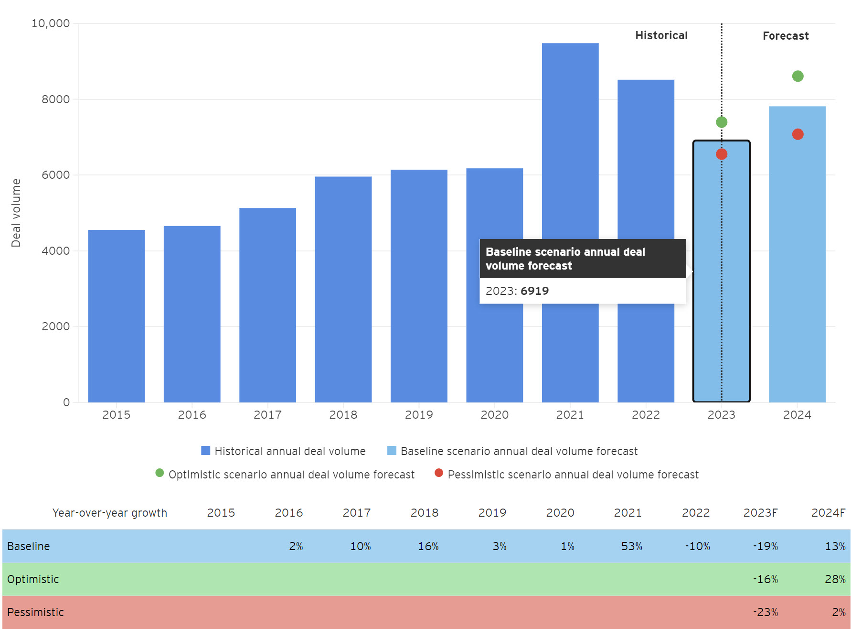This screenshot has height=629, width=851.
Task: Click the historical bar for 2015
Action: (x=116, y=315)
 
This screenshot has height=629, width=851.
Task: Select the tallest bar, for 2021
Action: (x=570, y=143)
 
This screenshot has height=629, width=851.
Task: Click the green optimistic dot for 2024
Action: (x=798, y=76)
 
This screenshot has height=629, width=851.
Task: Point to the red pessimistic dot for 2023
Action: (x=722, y=154)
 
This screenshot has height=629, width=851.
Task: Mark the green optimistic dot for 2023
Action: (x=722, y=122)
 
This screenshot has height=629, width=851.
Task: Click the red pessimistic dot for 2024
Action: (x=798, y=134)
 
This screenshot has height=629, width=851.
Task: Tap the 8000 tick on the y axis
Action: (x=55, y=99)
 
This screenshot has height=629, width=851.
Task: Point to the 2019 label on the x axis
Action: (x=419, y=415)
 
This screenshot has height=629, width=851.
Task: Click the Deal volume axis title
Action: (x=16, y=213)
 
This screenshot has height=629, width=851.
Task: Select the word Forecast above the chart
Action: (x=786, y=36)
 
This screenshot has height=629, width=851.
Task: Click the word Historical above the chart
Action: (x=661, y=35)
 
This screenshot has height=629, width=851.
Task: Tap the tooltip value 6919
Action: (x=534, y=291)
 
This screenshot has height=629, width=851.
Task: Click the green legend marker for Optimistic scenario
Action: (x=160, y=473)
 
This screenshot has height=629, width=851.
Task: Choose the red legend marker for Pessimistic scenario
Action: (x=439, y=473)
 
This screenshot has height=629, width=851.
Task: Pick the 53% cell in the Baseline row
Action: (x=631, y=546)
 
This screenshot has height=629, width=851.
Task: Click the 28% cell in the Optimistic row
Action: (x=835, y=579)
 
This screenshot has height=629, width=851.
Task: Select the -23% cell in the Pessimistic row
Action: (x=765, y=612)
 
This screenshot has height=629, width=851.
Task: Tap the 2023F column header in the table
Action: (x=760, y=513)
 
